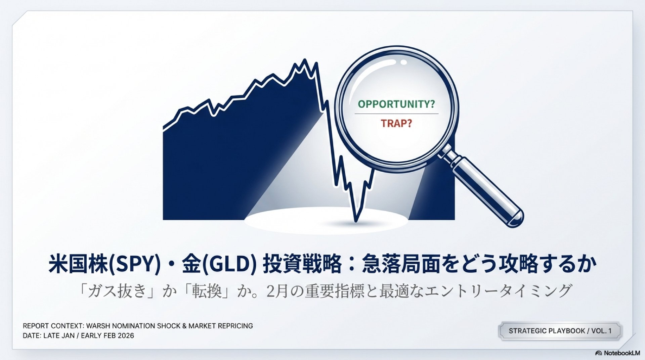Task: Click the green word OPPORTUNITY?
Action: (396, 104)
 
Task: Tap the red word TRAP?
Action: (396, 124)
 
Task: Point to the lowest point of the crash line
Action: (356, 221)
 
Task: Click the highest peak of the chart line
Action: (305, 60)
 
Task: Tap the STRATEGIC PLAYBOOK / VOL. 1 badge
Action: (560, 331)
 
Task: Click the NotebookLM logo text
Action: (622, 353)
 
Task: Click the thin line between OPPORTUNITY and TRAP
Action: (396, 114)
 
